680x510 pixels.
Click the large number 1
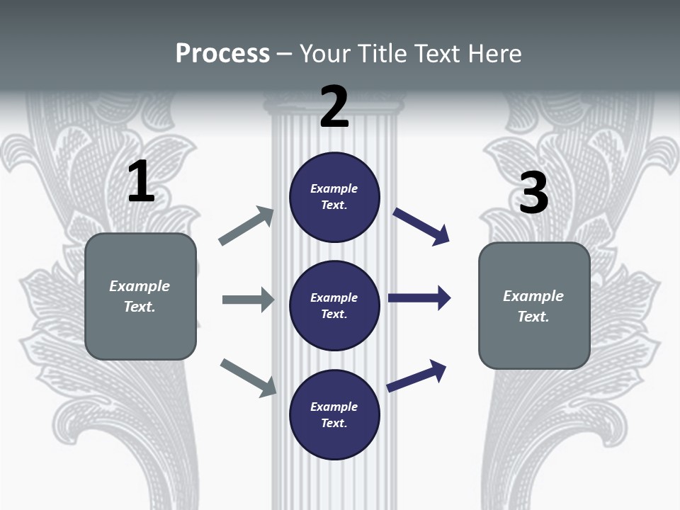click(x=141, y=181)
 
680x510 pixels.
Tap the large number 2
click(x=334, y=107)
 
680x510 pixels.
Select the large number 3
click(x=533, y=193)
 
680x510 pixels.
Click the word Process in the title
click(x=222, y=53)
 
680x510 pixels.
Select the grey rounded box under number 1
click(x=140, y=296)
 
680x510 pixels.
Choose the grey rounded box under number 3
click(x=534, y=305)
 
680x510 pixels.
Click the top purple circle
click(x=334, y=197)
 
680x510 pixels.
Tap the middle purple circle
click(x=334, y=305)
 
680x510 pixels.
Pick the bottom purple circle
click(x=334, y=414)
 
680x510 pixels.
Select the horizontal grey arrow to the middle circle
click(x=248, y=300)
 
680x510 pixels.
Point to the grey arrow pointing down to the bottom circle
click(x=249, y=377)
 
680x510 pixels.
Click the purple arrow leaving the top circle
click(x=421, y=227)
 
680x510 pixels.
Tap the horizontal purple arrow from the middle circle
click(x=419, y=298)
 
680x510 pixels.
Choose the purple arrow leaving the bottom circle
click(x=416, y=375)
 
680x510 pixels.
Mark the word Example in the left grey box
click(x=140, y=286)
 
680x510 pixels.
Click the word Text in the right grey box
click(x=532, y=317)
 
